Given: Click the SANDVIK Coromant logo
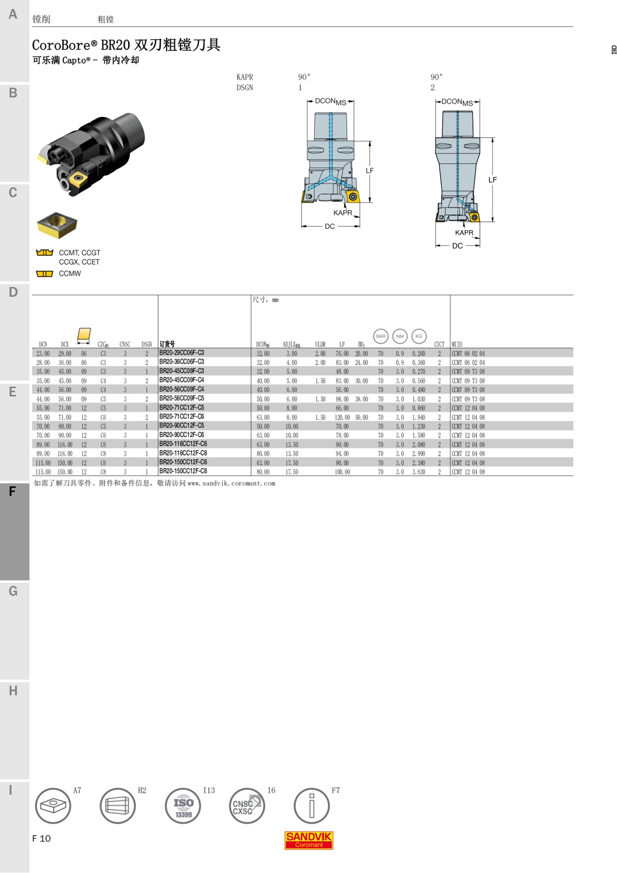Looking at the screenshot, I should pos(308,840).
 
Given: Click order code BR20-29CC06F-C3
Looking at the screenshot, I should pos(182,353).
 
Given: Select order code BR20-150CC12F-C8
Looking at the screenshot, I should pos(183,471).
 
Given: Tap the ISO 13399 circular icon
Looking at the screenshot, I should pos(183,805).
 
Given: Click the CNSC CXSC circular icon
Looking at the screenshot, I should pos(247,805).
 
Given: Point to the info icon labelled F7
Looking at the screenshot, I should pos(311,805).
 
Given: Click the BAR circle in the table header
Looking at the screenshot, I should pos(380,336).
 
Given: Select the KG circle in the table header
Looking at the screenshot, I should pos(419,336).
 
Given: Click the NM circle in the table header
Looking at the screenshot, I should pos(400,336).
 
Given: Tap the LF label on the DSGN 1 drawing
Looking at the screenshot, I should pos(370,171).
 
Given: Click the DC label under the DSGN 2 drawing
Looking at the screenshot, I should pos(457,246).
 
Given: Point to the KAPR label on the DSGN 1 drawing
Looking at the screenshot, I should pos(342,213).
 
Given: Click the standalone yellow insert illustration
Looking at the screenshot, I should pos(57,225).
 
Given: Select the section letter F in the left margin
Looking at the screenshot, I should pos(12,491).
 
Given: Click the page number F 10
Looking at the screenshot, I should pos(42,839).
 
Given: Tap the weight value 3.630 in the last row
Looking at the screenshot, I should pos(419,472).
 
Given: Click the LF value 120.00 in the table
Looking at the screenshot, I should pos(342,417).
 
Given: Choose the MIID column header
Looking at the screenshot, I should pos(457,344).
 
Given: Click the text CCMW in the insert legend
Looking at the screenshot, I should pos(70,274).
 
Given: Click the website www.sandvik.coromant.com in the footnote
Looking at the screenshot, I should pos(231,483).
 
